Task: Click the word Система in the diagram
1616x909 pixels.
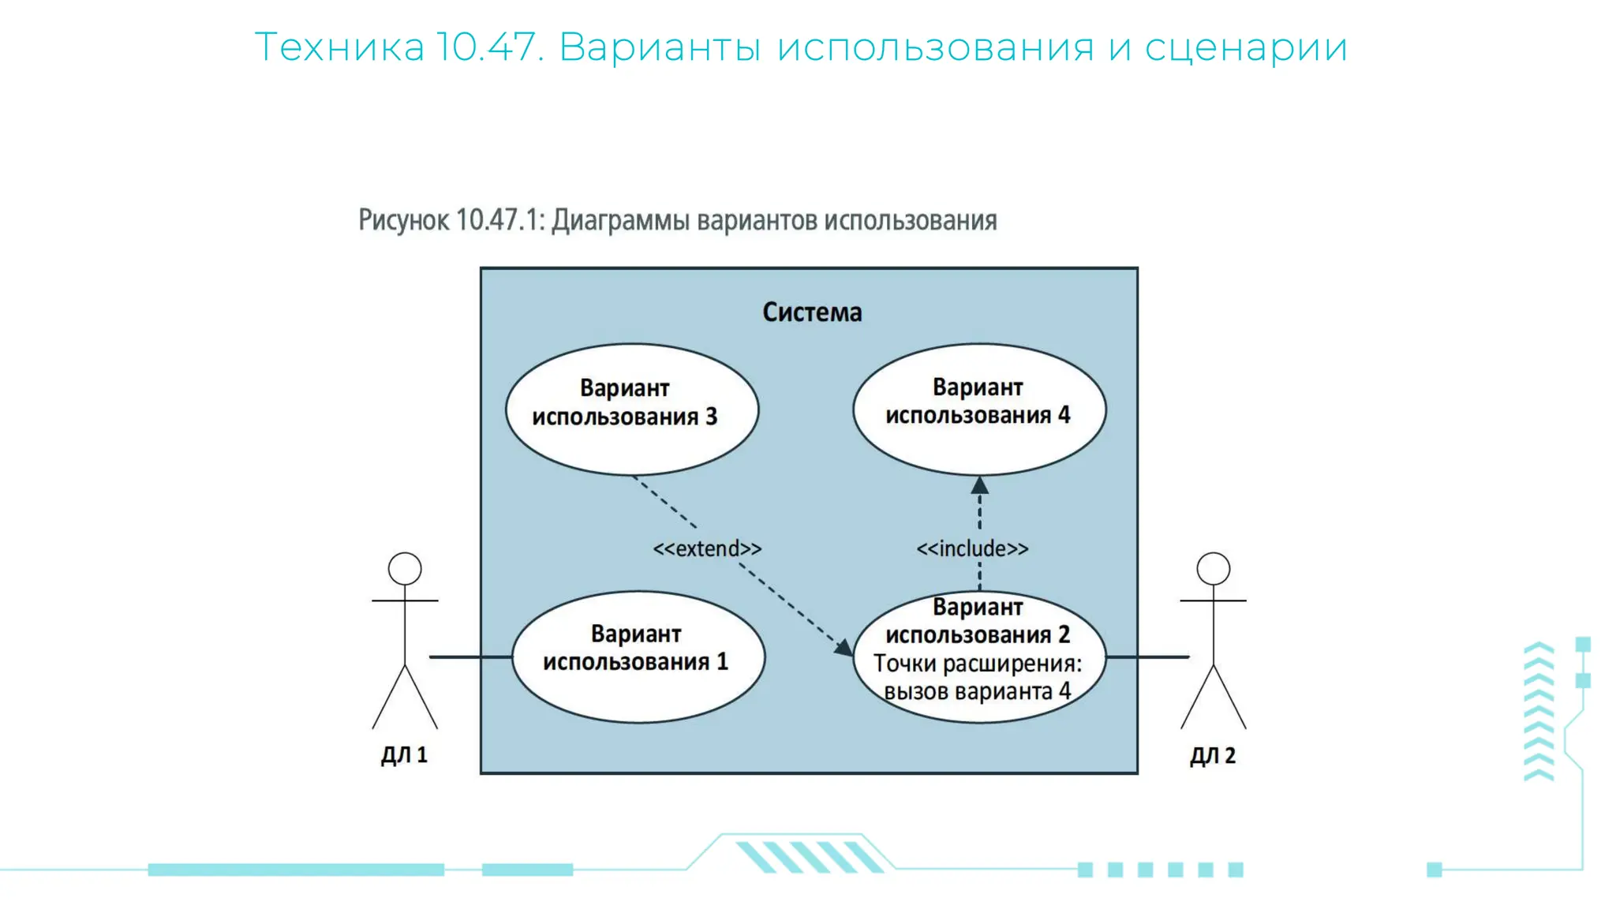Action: pyautogui.click(x=811, y=312)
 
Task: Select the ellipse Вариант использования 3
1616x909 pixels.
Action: pyautogui.click(x=631, y=410)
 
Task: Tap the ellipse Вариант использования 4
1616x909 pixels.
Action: pyautogui.click(x=978, y=409)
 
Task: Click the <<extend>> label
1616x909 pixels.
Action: pyautogui.click(x=707, y=548)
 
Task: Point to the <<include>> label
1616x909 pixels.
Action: pyautogui.click(x=972, y=548)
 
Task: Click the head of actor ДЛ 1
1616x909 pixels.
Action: pyautogui.click(x=405, y=569)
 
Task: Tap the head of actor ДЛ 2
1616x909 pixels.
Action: pyautogui.click(x=1213, y=569)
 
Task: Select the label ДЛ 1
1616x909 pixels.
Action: pyautogui.click(x=404, y=755)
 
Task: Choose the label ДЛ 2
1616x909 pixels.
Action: pyautogui.click(x=1213, y=755)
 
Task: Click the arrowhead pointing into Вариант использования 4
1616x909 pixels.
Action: pyautogui.click(x=979, y=485)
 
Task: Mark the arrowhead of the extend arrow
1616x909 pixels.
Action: pyautogui.click(x=844, y=648)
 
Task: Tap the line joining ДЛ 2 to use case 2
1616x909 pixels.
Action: pyautogui.click(x=1147, y=656)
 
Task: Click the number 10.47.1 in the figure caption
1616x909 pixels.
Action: pyautogui.click(x=500, y=220)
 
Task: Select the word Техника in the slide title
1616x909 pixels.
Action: pyautogui.click(x=339, y=47)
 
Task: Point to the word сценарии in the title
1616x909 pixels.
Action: pyautogui.click(x=1246, y=47)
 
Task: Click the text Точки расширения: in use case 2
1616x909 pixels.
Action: pyautogui.click(x=978, y=664)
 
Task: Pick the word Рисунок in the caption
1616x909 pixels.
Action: pyautogui.click(x=403, y=220)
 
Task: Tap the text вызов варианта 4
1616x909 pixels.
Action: pyautogui.click(x=977, y=692)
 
